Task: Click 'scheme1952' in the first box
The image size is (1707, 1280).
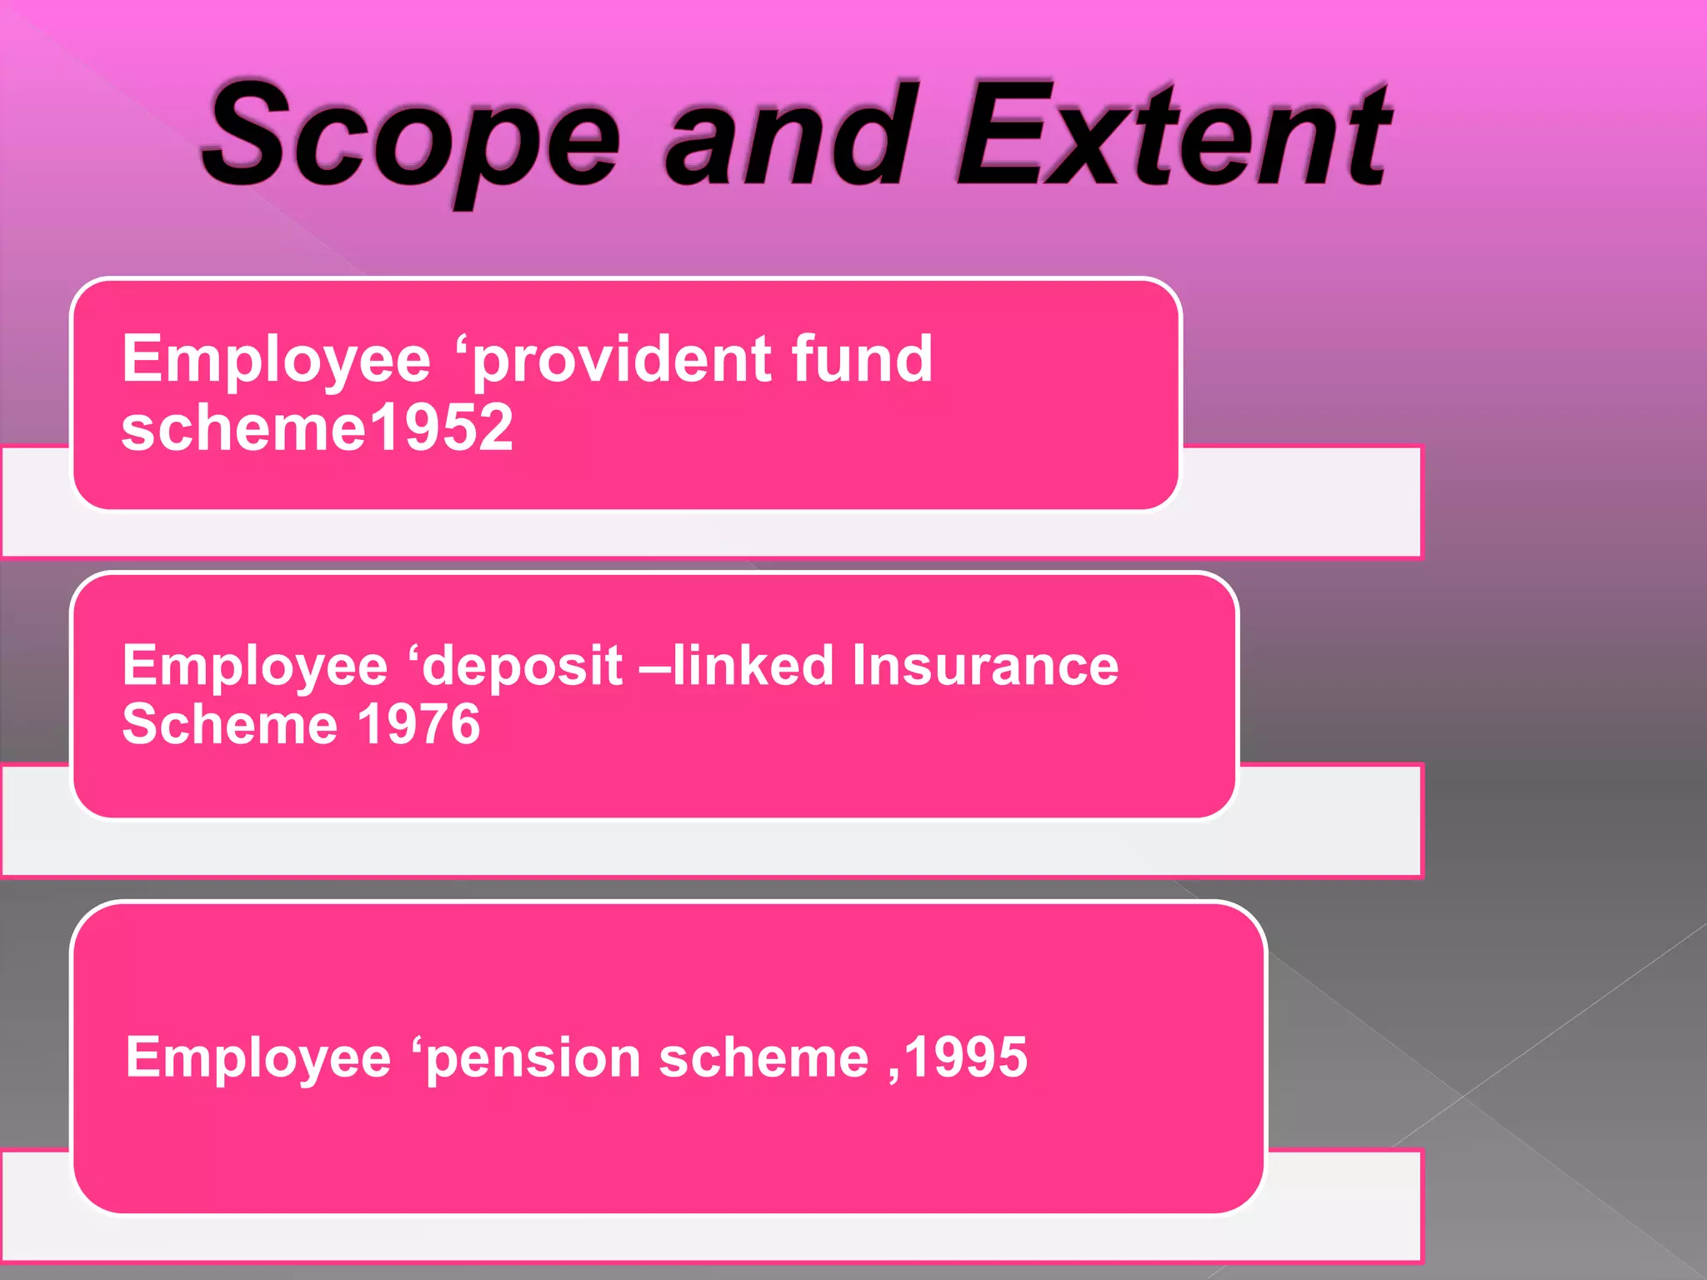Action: (x=317, y=428)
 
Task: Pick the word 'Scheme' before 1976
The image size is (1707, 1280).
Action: (x=230, y=723)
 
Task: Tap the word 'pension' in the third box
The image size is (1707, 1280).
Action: (x=534, y=1059)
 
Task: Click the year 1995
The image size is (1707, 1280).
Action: (x=967, y=1057)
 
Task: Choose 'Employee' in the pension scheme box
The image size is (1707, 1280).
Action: (x=258, y=1059)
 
